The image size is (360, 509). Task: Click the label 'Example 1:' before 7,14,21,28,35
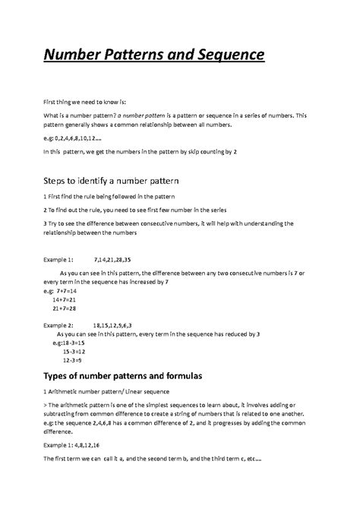(x=62, y=259)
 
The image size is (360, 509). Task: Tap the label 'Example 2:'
(x=62, y=324)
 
